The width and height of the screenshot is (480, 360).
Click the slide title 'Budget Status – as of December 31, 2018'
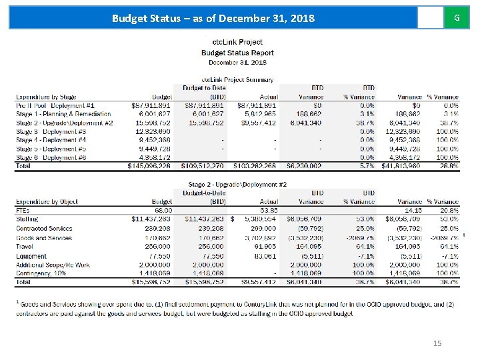[x=213, y=18]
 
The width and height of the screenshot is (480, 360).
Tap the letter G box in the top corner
[x=456, y=17]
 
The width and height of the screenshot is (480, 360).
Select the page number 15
[x=437, y=343]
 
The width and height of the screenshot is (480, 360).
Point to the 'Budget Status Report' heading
[x=237, y=53]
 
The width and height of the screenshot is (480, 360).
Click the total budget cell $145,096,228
[x=152, y=166]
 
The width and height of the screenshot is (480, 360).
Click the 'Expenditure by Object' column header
[x=47, y=201]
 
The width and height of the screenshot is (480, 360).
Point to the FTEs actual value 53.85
[x=267, y=210]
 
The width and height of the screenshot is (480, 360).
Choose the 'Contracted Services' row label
[x=44, y=228]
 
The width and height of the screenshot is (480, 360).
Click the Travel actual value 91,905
[x=265, y=246]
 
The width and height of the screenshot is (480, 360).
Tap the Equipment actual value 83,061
[x=265, y=255]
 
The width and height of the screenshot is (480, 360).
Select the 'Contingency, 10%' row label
[x=41, y=273]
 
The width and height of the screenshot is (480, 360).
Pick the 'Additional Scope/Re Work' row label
[x=53, y=265]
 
